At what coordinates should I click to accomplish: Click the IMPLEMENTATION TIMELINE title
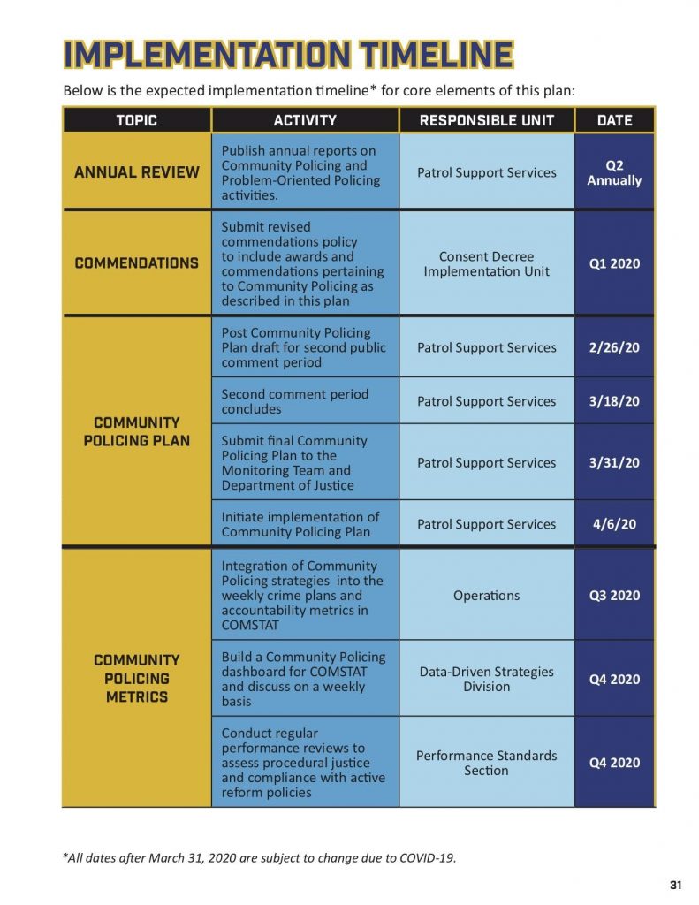[x=288, y=54]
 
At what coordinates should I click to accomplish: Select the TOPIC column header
[x=136, y=120]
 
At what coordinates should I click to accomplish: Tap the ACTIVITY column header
[x=305, y=120]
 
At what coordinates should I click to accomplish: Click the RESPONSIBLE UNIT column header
[x=487, y=120]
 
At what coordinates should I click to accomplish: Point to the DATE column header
[x=614, y=120]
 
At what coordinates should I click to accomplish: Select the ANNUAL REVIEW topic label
[x=137, y=172]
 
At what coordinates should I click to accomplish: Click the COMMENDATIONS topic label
[x=137, y=263]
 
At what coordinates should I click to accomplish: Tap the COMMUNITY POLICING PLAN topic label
[x=137, y=431]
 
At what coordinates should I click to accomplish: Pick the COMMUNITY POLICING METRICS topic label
[x=137, y=678]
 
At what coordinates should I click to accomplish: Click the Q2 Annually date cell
[x=614, y=172]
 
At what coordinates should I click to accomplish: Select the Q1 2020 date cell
[x=614, y=263]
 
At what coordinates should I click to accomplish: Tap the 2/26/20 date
[x=614, y=347]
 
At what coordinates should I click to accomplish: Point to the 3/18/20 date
[x=614, y=401]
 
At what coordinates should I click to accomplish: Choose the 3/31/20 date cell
[x=614, y=462]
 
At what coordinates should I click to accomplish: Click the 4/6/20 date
[x=614, y=524]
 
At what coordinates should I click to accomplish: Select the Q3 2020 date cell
[x=614, y=595]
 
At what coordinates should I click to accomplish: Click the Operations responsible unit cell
[x=487, y=595]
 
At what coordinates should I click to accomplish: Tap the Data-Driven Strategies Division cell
[x=487, y=679]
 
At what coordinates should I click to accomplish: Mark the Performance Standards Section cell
[x=487, y=763]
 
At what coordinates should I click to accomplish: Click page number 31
[x=677, y=886]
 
